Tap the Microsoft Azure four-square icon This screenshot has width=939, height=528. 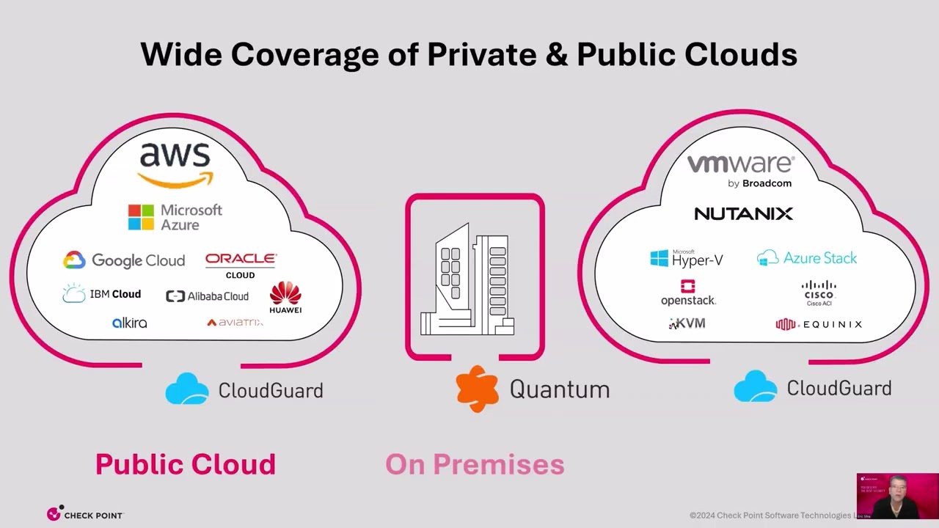coord(141,218)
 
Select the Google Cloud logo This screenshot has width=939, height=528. coord(124,260)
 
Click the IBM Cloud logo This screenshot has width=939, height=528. coord(102,294)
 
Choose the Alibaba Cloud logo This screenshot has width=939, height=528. coord(207,296)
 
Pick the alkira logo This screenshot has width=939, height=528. coord(130,323)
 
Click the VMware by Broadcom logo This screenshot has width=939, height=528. coord(740,170)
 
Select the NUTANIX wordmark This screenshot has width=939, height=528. coord(743,213)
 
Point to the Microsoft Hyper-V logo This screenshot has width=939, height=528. coord(687,258)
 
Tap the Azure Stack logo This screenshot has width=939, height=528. coord(807,258)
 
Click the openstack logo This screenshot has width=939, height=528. coord(688,293)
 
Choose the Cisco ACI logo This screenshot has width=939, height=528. coord(819,292)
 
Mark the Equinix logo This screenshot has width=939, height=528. coord(819,324)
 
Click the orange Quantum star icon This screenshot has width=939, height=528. coord(477,389)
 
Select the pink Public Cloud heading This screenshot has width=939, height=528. coord(186,464)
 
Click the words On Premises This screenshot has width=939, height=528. coord(475,464)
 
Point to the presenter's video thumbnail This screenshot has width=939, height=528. coord(896,496)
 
